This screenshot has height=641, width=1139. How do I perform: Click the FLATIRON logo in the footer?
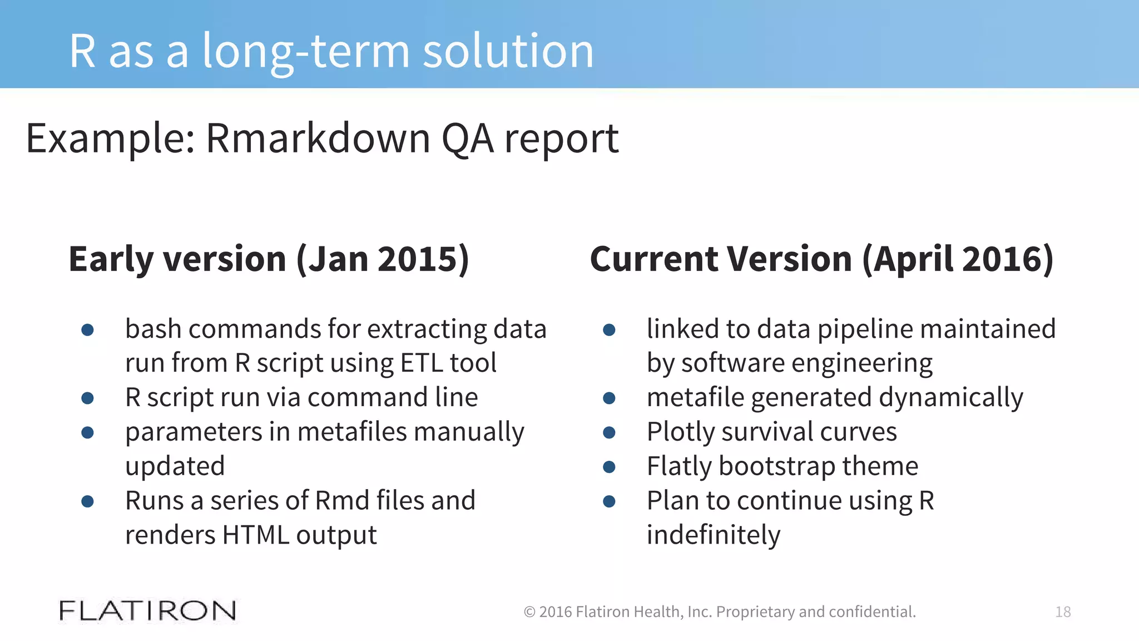[x=147, y=611]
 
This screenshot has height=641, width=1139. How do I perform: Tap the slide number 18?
[x=1063, y=612]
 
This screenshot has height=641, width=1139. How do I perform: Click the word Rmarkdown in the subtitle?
[x=318, y=139]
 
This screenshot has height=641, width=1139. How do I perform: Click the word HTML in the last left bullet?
[x=255, y=535]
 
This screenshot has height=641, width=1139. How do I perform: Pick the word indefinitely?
[x=714, y=535]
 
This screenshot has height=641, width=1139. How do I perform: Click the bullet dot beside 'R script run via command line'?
[x=87, y=398]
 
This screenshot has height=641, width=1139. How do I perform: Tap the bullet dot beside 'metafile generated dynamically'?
[x=609, y=398]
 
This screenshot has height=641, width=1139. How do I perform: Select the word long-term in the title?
[x=305, y=51]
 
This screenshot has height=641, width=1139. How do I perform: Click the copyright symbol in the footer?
[x=529, y=612]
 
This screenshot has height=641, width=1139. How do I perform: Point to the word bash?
[x=153, y=329]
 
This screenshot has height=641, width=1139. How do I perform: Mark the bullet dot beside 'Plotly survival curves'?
[x=609, y=432]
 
